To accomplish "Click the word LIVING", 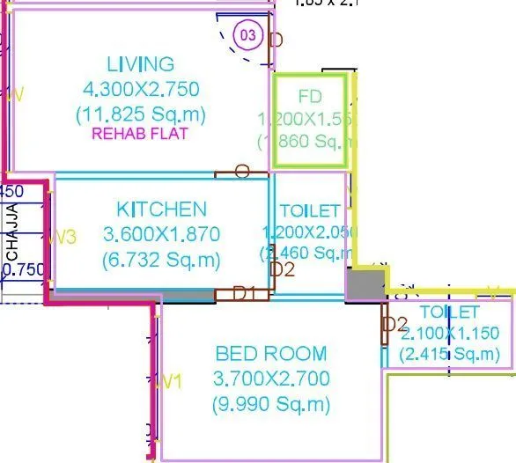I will pos(141,64).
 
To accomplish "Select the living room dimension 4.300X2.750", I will pos(141,89).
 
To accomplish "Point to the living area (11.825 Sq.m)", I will pos(141,114).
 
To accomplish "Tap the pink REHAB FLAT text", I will pos(141,135).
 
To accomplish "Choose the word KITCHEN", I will pos(162,209).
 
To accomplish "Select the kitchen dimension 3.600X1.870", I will pos(162,235).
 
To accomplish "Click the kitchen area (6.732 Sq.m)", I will pos(162,261).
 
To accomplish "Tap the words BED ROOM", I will pos(271,354).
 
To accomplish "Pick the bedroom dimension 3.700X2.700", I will pos(271,379).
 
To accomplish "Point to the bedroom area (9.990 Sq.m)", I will pos(271,405).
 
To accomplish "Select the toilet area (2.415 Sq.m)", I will pos(448,354).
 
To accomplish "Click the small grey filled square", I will pos(365,284).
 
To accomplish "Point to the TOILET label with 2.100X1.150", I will pos(450,312).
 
